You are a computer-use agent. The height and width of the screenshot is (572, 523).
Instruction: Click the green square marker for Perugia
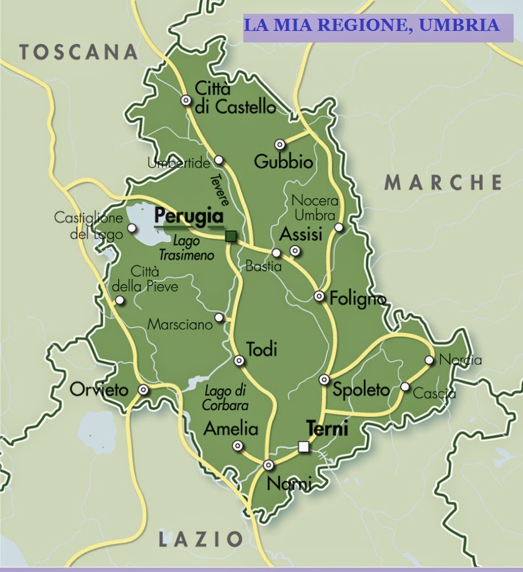click(x=231, y=236)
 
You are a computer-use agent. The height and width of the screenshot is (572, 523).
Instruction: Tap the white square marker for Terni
click(x=303, y=446)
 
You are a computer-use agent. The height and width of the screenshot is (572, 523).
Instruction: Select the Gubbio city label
click(x=284, y=162)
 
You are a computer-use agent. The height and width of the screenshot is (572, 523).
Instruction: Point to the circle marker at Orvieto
click(x=143, y=390)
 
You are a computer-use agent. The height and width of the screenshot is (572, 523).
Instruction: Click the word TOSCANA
click(x=78, y=52)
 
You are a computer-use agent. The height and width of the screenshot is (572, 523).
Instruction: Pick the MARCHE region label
click(x=443, y=182)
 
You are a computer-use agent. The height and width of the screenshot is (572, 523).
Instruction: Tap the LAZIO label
click(x=201, y=539)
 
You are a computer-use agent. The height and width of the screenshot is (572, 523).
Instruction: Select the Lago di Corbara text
click(x=226, y=398)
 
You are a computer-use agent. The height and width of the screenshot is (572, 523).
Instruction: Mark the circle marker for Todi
click(x=239, y=361)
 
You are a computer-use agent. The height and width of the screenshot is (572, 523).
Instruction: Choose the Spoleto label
click(x=361, y=389)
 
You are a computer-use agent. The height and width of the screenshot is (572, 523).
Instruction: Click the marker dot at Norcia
click(x=429, y=360)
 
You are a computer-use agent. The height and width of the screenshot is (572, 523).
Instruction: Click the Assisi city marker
click(x=296, y=251)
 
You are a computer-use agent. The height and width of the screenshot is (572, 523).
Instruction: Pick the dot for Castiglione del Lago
click(x=131, y=227)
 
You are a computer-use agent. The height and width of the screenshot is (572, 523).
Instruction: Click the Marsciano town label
click(x=180, y=325)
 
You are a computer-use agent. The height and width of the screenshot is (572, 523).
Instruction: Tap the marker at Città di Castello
click(x=186, y=100)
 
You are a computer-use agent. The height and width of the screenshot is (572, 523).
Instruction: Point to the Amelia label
click(x=231, y=428)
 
